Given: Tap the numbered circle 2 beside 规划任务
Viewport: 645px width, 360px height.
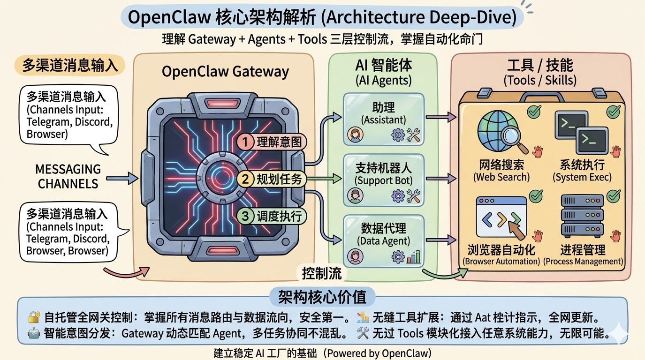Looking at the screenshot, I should [x=245, y=179].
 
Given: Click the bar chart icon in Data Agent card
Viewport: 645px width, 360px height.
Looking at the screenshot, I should [x=414, y=256].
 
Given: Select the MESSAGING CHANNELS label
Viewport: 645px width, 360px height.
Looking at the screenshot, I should [x=68, y=176].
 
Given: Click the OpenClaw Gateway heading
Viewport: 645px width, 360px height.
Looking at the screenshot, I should [x=225, y=71].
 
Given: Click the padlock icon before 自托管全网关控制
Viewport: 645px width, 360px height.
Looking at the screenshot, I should [x=33, y=318].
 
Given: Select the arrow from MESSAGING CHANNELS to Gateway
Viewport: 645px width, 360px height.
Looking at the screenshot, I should [x=122, y=178].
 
